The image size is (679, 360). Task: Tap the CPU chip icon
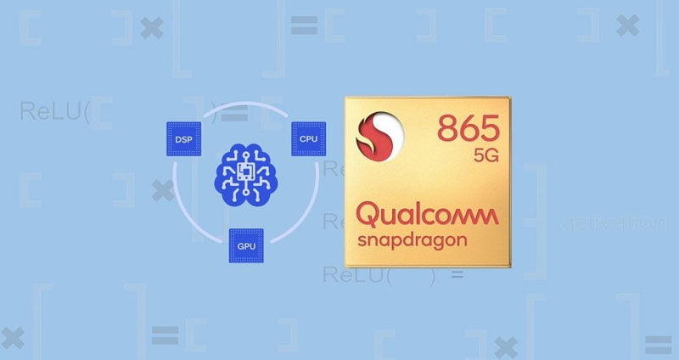pyautogui.click(x=307, y=138)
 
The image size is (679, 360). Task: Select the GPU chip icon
pyautogui.click(x=246, y=245)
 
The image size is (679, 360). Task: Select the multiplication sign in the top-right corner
pyautogui.click(x=627, y=26)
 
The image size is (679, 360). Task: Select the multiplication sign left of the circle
pyautogui.click(x=160, y=190)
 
